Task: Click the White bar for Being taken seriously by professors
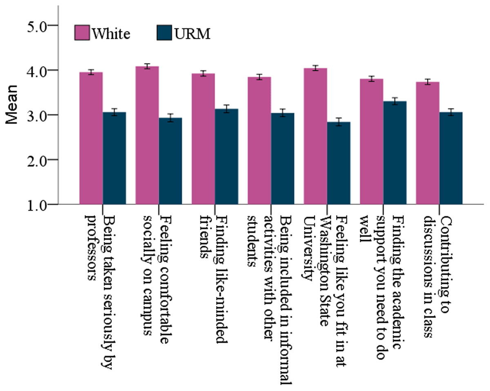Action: pos(91,139)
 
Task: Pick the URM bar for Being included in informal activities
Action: pos(283,159)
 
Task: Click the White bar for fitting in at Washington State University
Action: pos(315,137)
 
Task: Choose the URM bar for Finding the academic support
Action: pos(395,153)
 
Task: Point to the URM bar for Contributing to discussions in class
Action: pos(451,159)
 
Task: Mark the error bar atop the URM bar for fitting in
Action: pos(339,122)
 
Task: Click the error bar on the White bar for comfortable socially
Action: pos(147,66)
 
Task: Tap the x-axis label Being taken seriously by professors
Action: pos(100,286)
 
